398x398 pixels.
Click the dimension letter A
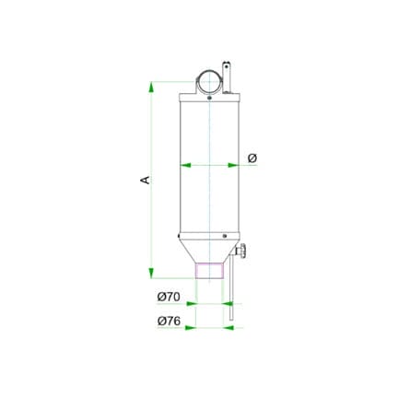point(145,180)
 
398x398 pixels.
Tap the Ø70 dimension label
point(169,297)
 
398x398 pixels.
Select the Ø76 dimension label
point(169,322)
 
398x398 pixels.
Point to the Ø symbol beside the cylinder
point(252,158)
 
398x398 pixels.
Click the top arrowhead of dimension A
point(150,88)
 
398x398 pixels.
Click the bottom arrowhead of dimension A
point(151,273)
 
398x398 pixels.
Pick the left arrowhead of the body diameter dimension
point(185,165)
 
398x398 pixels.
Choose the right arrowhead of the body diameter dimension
point(233,165)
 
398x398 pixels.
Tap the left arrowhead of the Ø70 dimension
point(192,304)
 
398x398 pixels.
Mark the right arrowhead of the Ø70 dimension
point(228,304)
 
